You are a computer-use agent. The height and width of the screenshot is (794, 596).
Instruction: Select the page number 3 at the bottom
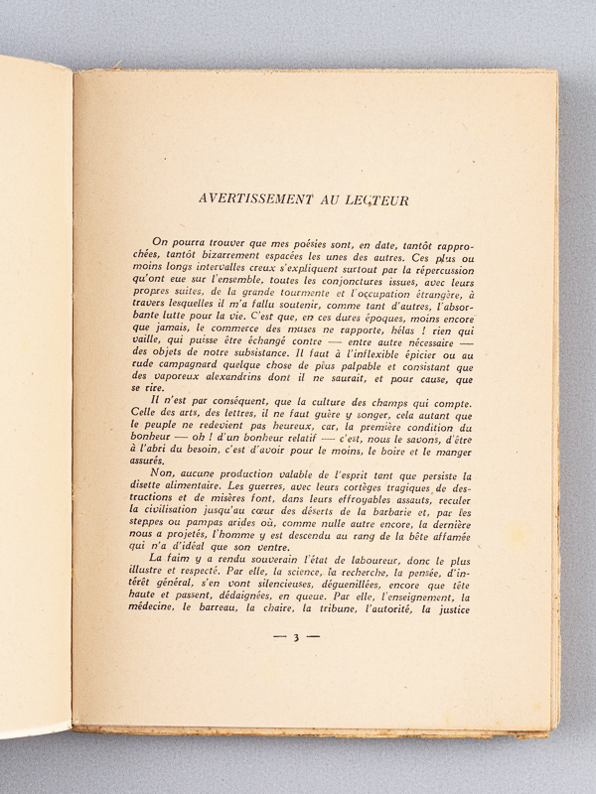pyautogui.click(x=295, y=638)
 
